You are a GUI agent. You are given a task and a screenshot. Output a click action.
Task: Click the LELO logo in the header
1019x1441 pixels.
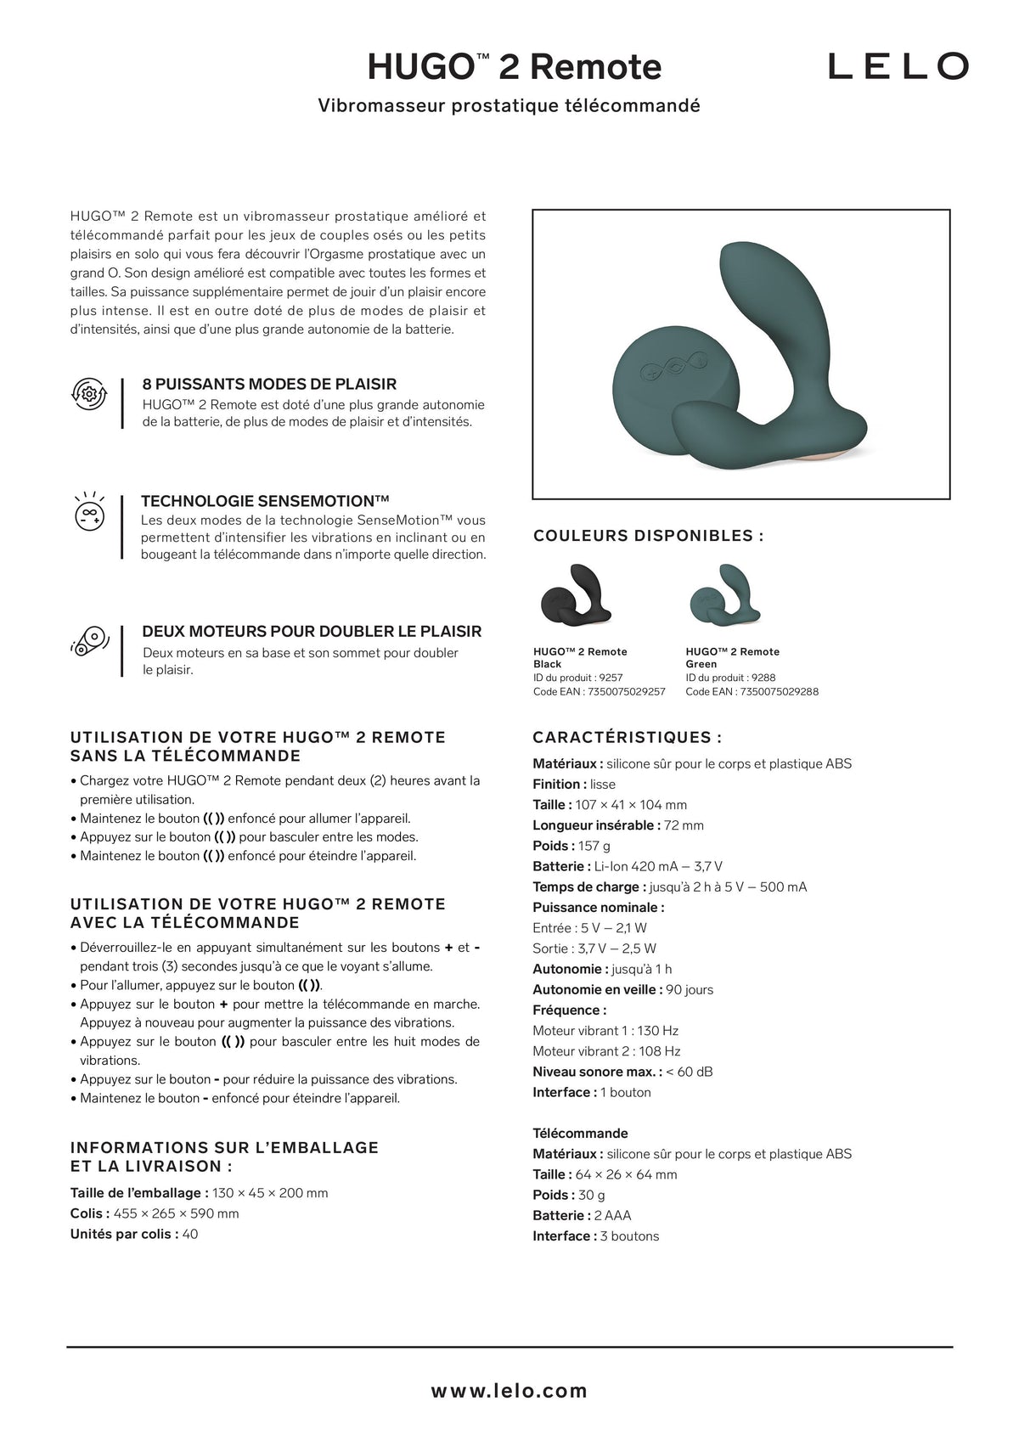pos(898,65)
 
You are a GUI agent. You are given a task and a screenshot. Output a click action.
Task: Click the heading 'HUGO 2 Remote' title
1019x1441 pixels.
pos(514,66)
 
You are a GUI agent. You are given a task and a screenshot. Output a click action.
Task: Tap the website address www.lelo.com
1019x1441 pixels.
pos(509,1391)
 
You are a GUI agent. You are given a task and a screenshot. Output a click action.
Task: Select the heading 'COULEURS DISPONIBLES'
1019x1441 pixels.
pos(648,536)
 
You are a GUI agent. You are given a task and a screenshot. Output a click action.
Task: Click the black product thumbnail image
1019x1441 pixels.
pos(576,595)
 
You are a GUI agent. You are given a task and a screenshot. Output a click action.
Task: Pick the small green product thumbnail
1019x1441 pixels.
pos(729,595)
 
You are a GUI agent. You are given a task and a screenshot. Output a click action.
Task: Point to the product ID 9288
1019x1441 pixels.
pos(762,678)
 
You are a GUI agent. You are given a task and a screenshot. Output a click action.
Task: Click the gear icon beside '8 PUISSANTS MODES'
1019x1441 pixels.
pos(88,394)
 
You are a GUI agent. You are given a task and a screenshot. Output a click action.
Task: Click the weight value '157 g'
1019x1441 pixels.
pos(594,846)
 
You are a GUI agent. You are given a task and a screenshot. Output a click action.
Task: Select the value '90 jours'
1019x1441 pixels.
pos(690,989)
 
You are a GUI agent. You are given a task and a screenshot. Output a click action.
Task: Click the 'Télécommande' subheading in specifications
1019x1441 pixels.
pos(580,1134)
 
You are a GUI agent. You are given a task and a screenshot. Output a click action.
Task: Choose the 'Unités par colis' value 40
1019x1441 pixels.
pos(190,1235)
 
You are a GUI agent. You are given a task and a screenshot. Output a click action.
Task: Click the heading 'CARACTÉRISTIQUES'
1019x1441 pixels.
pos(627,738)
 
